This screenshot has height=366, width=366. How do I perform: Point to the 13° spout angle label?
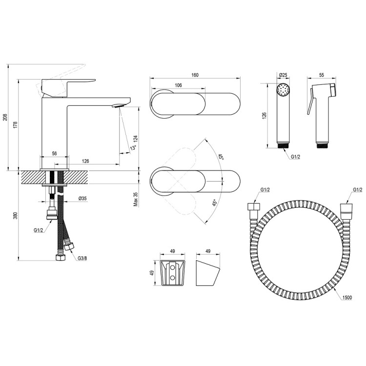133,147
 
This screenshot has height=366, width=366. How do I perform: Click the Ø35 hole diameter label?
82,199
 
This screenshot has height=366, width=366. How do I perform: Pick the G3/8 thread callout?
82,258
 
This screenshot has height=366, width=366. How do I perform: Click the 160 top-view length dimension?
195,75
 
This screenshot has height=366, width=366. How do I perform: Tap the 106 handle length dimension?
178,85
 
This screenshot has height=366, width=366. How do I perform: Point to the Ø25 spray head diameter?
283,75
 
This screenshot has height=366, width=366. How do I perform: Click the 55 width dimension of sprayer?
322,75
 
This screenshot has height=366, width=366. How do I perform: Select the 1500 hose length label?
347,297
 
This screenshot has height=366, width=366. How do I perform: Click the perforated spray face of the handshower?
283,90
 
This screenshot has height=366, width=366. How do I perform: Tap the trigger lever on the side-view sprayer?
310,102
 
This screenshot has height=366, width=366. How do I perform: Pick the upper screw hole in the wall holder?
172,266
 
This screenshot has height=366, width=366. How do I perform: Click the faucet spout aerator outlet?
118,106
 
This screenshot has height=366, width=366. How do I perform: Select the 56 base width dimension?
54,154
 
